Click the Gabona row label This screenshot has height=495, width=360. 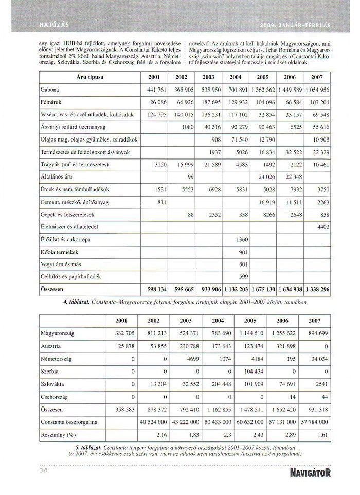click(x=50, y=89)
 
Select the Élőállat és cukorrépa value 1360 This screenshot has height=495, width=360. click(x=241, y=240)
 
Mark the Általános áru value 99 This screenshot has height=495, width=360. click(x=189, y=177)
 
